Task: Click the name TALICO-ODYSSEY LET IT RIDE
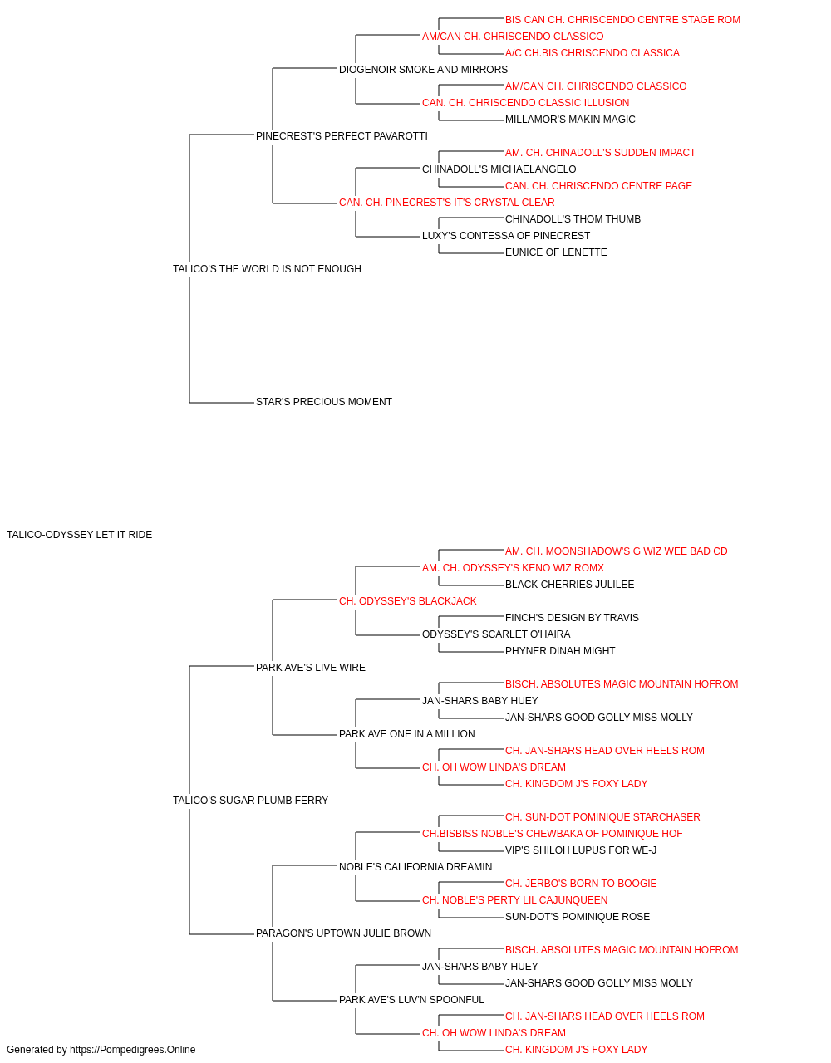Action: (x=79, y=535)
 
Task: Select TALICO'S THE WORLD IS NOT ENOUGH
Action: (x=267, y=269)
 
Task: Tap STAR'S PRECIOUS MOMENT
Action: (x=324, y=402)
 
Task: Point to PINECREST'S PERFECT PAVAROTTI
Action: (x=342, y=136)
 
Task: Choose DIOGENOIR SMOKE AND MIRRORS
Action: (x=423, y=70)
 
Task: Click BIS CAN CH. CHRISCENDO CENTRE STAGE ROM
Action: (x=622, y=20)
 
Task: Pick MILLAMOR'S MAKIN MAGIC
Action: (x=570, y=120)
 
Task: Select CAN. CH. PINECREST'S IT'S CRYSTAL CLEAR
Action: (x=447, y=203)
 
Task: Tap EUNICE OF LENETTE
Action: (x=556, y=252)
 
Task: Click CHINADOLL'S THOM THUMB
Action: (x=573, y=219)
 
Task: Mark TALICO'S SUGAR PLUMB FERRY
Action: (x=251, y=801)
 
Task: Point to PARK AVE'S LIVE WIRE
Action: (x=311, y=667)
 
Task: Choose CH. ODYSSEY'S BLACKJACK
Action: (x=408, y=600)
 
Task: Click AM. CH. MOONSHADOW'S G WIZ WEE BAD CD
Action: (x=616, y=551)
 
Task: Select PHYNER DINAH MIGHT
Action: (x=560, y=650)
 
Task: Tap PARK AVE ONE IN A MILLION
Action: (x=406, y=734)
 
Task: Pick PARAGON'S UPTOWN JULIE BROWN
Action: (x=343, y=933)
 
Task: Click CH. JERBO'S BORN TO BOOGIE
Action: (x=581, y=883)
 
